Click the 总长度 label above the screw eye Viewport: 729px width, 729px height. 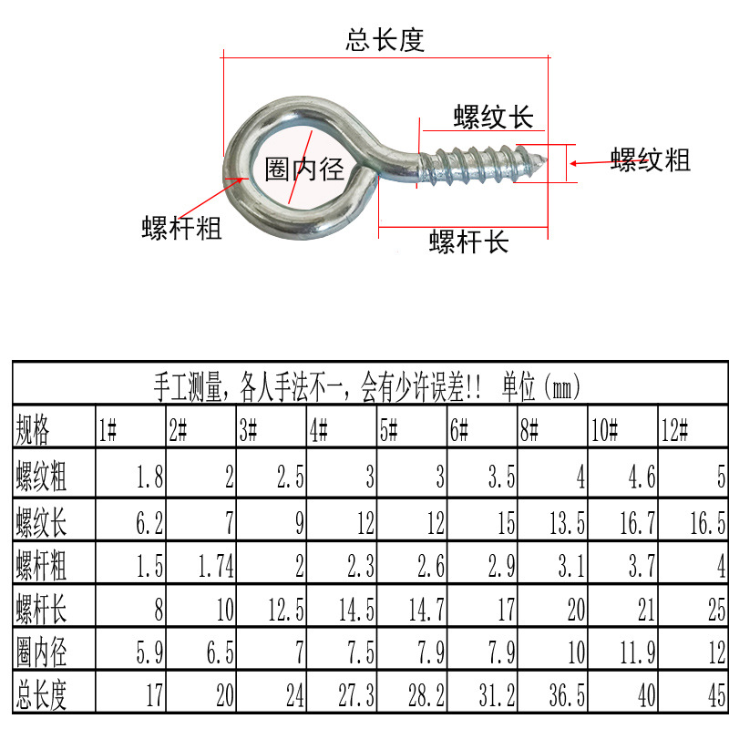(385, 41)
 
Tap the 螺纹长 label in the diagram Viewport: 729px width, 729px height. (493, 118)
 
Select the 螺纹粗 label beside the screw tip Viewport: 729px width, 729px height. (651, 161)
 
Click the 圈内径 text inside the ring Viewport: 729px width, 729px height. (304, 170)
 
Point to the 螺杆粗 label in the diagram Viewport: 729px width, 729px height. (182, 227)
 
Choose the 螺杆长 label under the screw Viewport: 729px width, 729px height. (468, 241)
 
